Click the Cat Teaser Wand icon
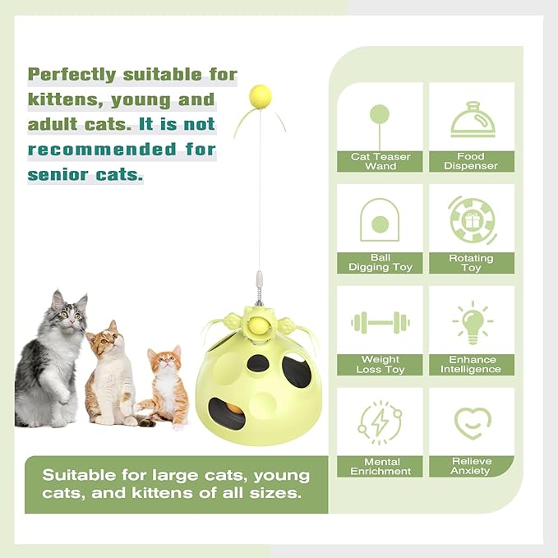coord(380,120)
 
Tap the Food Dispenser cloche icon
coord(473,120)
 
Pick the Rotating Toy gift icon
coord(473,220)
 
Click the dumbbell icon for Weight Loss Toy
coord(380,322)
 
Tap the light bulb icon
coord(473,321)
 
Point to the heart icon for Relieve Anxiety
coord(473,422)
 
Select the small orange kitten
coord(166,386)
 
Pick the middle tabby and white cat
coord(110,374)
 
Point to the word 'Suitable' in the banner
coord(81,475)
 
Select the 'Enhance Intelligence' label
coord(472,365)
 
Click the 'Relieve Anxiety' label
coord(472,466)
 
